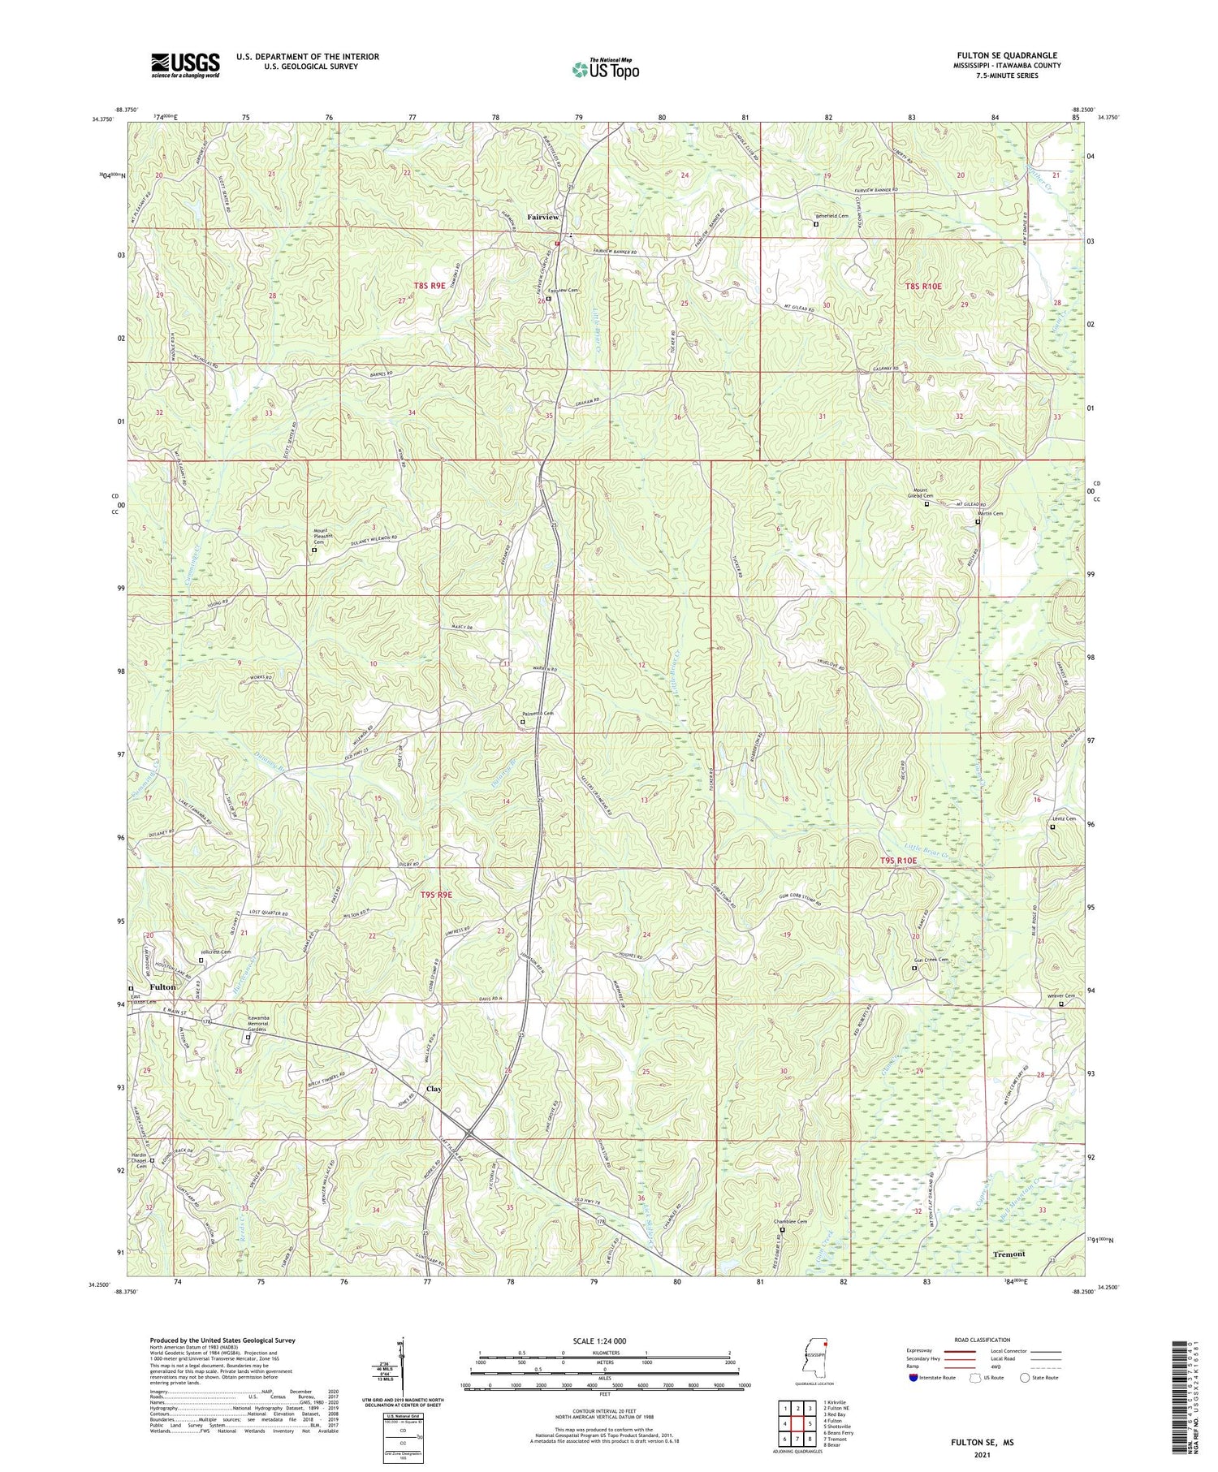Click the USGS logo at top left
coord(185,65)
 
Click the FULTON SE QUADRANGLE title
coord(1007,55)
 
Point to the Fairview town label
coord(542,218)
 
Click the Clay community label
coord(434,1089)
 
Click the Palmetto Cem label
coord(538,714)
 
